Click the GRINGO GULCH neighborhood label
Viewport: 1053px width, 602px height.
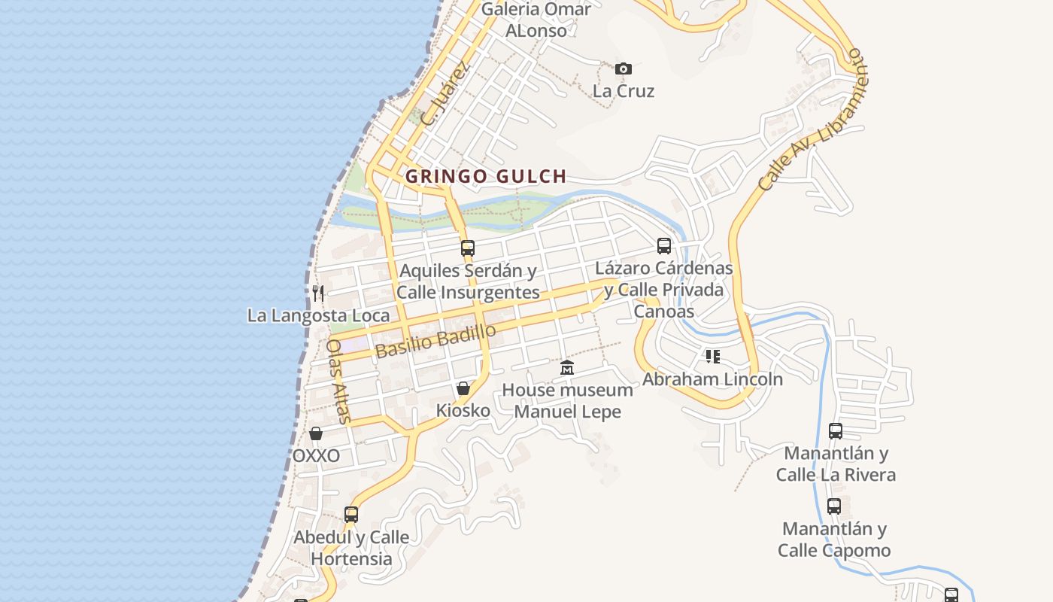[485, 177]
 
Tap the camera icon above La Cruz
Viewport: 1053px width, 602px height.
[623, 69]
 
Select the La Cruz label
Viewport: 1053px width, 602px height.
[624, 91]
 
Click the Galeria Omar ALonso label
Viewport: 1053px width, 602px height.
[536, 20]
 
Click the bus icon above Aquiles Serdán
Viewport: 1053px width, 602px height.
[468, 248]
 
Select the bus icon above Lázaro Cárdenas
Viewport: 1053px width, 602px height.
[664, 245]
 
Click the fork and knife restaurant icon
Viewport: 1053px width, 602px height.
[318, 293]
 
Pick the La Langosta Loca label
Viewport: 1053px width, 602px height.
[318, 315]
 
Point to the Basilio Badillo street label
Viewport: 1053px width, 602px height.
[435, 341]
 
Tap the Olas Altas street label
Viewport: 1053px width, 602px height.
[338, 381]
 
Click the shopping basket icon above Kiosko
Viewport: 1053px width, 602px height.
[463, 388]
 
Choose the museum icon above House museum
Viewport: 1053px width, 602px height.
[567, 368]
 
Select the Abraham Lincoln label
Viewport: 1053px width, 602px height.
[712, 379]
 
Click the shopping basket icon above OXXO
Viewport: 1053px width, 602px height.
[316, 433]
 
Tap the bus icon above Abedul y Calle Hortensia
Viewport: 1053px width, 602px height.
[351, 515]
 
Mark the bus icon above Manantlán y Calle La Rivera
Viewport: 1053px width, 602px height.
[836, 431]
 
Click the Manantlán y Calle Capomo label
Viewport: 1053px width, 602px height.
[834, 540]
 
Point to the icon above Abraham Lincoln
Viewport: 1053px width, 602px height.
[712, 356]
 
